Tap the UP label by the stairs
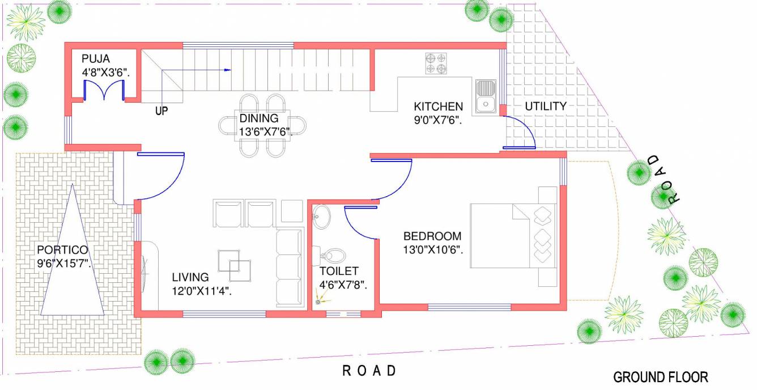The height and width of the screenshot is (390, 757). (x=161, y=112)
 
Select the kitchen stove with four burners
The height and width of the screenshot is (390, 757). (x=436, y=63)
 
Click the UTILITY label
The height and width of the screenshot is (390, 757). (x=545, y=106)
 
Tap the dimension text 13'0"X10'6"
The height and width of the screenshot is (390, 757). (x=433, y=249)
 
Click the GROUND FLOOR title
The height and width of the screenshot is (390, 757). (x=661, y=377)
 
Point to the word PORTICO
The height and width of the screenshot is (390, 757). (x=62, y=250)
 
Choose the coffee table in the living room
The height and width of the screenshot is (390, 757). (x=235, y=264)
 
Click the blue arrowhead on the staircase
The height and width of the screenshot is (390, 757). (x=228, y=70)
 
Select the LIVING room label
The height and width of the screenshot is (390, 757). (x=190, y=277)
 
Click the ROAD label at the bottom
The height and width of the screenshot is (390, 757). (x=369, y=371)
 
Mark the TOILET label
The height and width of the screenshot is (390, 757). (x=338, y=272)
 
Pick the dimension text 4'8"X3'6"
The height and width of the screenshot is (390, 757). (x=106, y=72)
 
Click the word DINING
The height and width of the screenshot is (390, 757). (x=258, y=118)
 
